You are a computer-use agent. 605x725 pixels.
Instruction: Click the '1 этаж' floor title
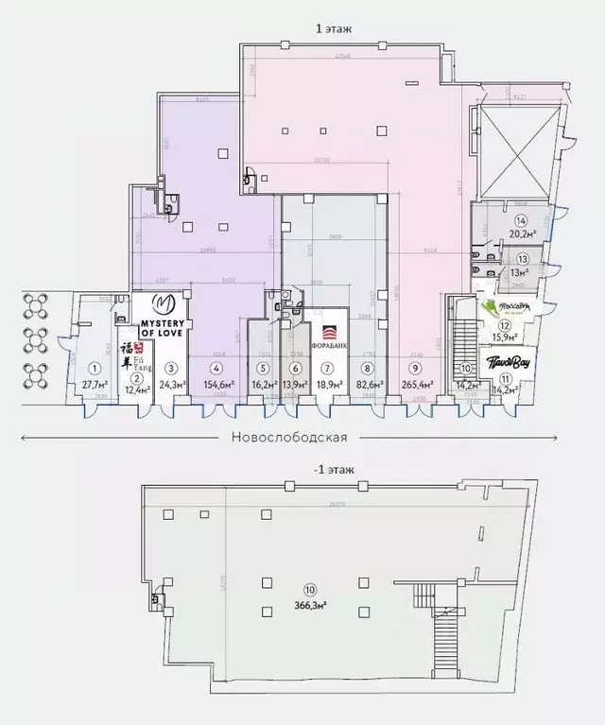pos(333,29)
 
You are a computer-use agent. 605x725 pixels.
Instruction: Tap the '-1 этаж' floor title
pos(332,470)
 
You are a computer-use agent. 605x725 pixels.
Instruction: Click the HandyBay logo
pos(506,361)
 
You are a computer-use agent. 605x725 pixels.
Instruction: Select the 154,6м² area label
pos(217,384)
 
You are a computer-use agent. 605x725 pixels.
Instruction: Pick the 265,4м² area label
pos(413,384)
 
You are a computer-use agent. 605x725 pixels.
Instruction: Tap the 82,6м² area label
pos(369,384)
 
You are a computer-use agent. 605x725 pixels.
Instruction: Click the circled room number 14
pos(521,221)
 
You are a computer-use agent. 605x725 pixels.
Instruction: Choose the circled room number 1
pos(95,369)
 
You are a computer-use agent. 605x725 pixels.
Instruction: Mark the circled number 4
pos(217,369)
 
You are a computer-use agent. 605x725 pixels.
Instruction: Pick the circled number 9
pos(413,369)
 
